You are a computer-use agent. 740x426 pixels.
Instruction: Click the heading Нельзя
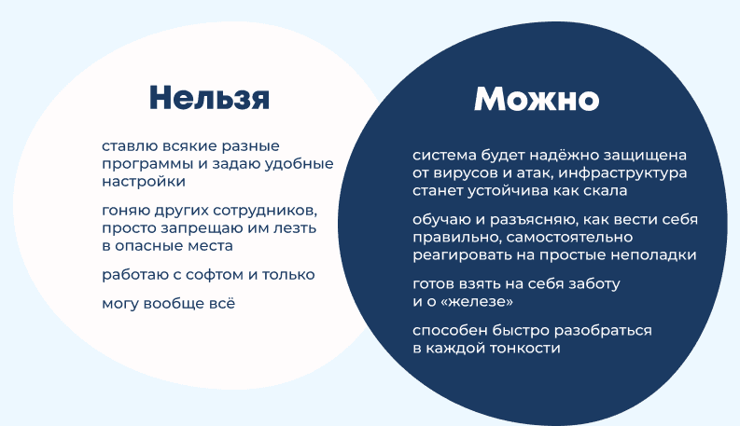pyautogui.click(x=209, y=98)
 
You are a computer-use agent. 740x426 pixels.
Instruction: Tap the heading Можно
pyautogui.click(x=537, y=99)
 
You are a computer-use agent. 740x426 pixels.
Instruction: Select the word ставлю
pyautogui.click(x=130, y=146)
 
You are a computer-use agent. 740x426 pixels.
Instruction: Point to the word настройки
pyautogui.click(x=144, y=182)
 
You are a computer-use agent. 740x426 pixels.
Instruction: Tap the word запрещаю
pyautogui.click(x=200, y=228)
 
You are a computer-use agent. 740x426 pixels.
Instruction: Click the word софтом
pyautogui.click(x=216, y=275)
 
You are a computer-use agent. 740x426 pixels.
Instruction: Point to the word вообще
pyautogui.click(x=174, y=304)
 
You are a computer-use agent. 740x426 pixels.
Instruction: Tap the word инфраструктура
pyautogui.click(x=622, y=173)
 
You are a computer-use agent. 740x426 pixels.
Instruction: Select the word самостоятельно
pyautogui.click(x=569, y=238)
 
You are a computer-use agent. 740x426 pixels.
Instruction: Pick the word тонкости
pyautogui.click(x=524, y=349)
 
